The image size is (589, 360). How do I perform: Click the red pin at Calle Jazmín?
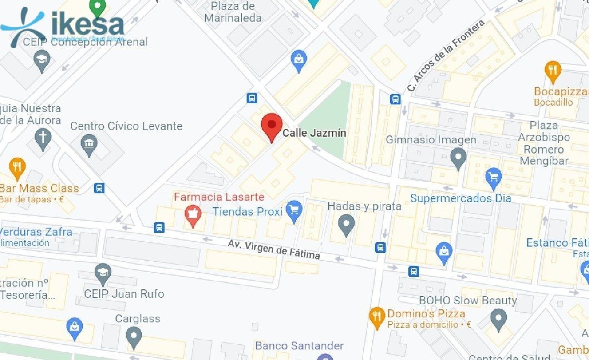point(271,125)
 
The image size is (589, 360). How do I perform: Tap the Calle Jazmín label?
point(314,133)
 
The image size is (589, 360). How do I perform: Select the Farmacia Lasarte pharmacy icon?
point(193,214)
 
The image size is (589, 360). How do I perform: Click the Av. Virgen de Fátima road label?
point(274,249)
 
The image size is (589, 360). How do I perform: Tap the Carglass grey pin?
point(134,336)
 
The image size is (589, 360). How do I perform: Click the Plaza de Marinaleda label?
point(233,12)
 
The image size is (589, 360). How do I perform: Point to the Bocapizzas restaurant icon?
point(552,71)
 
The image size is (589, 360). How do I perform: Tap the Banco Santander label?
point(299,346)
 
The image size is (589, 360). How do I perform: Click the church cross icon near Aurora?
point(42,139)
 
